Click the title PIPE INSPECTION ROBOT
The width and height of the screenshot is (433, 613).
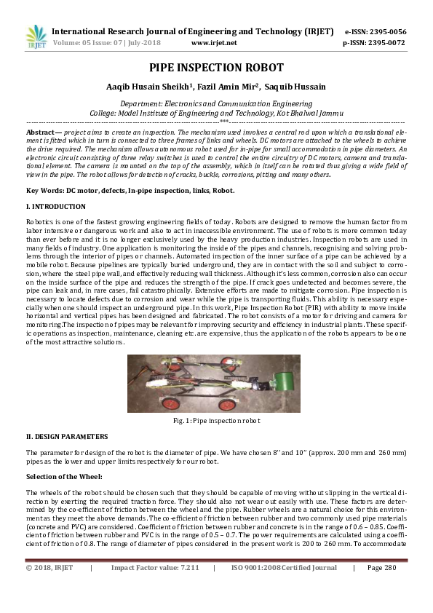[216, 68]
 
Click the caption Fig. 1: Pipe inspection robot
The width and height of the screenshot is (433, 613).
[216, 421]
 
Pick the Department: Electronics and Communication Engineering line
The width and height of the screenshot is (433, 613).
[216, 104]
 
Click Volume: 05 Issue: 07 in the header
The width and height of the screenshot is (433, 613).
[92, 43]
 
